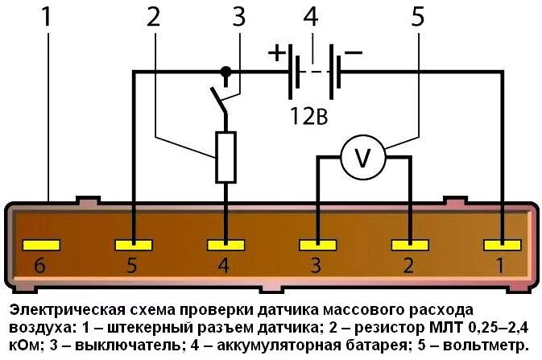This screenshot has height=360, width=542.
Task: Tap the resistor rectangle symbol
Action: click(226, 158)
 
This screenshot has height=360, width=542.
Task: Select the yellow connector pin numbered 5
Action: click(134, 244)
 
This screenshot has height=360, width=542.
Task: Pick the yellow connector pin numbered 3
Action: click(318, 244)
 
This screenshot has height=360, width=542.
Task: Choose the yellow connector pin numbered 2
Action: click(410, 244)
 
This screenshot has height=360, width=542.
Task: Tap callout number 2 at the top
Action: click(154, 18)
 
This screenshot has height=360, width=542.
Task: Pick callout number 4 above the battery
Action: click(312, 18)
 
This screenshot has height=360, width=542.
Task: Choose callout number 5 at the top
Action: click(417, 18)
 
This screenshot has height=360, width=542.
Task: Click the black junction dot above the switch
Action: click(226, 72)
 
